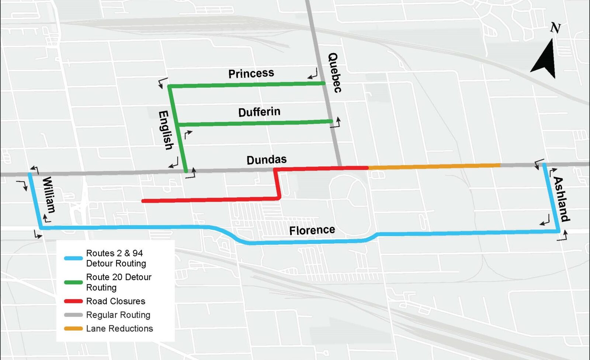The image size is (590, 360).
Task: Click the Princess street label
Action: (x=251, y=73)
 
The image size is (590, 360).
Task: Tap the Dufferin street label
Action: (x=259, y=112)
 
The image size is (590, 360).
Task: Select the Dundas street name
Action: (x=266, y=160)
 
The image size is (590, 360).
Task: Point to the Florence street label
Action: (x=312, y=230)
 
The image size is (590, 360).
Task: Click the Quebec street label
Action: (x=334, y=73)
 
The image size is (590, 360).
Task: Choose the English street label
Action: (x=166, y=130)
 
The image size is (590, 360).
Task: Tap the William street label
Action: (x=49, y=195)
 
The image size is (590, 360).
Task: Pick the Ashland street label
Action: (x=561, y=199)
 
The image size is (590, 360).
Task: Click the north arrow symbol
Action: (x=545, y=55)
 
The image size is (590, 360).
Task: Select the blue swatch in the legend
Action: (x=73, y=258)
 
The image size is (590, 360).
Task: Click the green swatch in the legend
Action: (x=73, y=282)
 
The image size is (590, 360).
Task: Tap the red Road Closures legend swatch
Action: (x=73, y=301)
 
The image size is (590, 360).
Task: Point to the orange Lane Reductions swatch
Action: (x=73, y=328)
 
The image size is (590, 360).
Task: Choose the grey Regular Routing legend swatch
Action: (x=73, y=315)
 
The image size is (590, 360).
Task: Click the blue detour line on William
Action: (x=35, y=201)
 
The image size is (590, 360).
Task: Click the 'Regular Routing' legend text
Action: (x=118, y=315)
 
